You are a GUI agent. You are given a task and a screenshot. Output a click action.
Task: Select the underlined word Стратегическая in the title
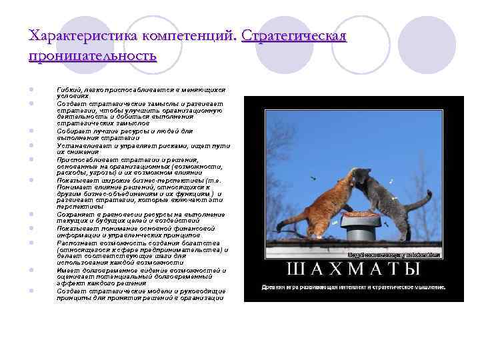[295, 35]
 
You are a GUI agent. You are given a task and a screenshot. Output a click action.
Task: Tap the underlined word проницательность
[93, 55]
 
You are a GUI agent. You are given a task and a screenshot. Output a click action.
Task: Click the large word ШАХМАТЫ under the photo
[354, 269]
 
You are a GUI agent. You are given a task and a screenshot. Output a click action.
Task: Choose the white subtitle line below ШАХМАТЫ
[354, 287]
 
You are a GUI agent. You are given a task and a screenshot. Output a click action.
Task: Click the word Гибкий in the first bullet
[69, 89]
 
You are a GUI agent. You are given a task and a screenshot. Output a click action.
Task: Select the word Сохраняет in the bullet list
[75, 215]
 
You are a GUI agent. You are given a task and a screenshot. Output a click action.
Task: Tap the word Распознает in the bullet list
[75, 243]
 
